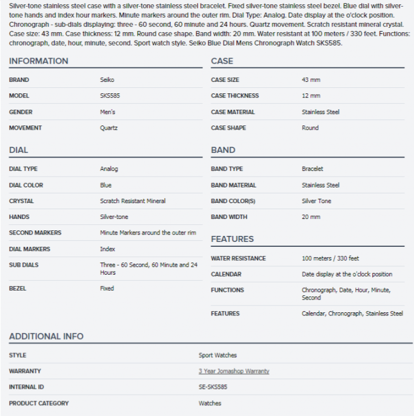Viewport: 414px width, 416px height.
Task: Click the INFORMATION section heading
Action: (x=38, y=61)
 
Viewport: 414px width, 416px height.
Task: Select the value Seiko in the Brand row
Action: (x=107, y=80)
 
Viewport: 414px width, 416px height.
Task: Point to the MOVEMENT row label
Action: (x=25, y=128)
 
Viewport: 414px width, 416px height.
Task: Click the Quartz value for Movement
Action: (x=109, y=128)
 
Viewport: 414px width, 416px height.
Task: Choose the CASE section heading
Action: (x=222, y=61)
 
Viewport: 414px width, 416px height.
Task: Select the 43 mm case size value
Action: (x=311, y=80)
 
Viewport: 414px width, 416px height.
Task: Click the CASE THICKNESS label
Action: (x=235, y=96)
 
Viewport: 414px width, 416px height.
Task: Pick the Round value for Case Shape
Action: (x=310, y=128)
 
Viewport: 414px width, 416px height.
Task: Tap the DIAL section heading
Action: (x=18, y=150)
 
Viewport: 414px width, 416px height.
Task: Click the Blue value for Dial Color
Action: (x=105, y=185)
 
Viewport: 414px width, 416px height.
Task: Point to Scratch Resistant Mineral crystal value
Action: (x=133, y=201)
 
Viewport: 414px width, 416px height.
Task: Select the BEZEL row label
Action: (x=18, y=289)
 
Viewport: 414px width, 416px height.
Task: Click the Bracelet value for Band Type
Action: (x=312, y=169)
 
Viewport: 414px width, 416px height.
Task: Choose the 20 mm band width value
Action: (x=311, y=216)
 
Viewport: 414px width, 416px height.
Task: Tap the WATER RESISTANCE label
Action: (x=238, y=258)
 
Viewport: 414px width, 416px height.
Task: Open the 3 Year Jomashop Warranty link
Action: (x=233, y=371)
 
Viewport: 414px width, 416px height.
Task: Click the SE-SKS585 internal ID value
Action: (x=213, y=387)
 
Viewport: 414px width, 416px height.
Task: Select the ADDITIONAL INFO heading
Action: (x=46, y=336)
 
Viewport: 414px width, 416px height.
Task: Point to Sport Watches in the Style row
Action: (x=218, y=355)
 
